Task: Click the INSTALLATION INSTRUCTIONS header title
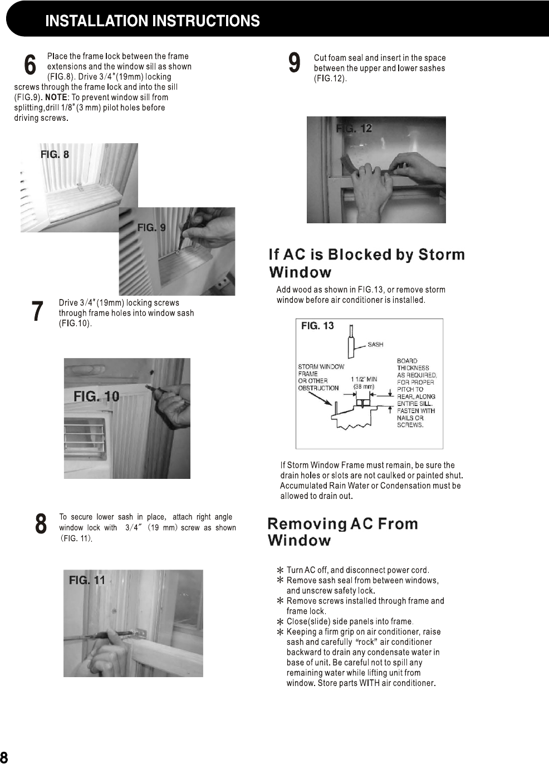(152, 21)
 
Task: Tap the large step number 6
(30, 65)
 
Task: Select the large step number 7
(37, 311)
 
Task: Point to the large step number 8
(41, 525)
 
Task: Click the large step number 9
(295, 62)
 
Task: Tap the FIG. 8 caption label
(55, 154)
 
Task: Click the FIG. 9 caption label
(151, 227)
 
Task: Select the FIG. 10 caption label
(96, 396)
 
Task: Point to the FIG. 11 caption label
(87, 580)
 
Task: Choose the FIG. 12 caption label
(354, 129)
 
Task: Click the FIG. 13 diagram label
(317, 326)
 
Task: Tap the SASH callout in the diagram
(375, 345)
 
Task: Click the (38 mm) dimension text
(364, 386)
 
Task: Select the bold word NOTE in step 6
(56, 97)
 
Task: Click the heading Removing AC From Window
(342, 532)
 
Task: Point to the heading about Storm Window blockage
(366, 263)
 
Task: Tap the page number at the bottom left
(4, 757)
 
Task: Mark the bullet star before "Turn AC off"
(280, 570)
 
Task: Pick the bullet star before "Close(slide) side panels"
(280, 621)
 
